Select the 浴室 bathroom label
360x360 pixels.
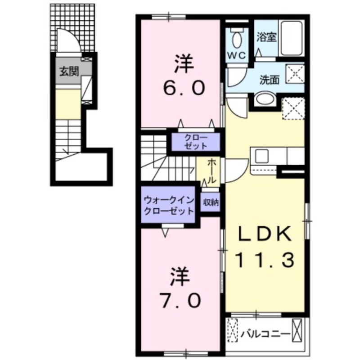(266, 37)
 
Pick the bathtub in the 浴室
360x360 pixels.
(291, 38)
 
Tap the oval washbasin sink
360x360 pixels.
(264, 100)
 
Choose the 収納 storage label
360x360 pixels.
(211, 202)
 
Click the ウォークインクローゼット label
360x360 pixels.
(168, 205)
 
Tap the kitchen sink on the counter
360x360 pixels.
(261, 156)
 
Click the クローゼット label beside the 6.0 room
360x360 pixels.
(195, 142)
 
